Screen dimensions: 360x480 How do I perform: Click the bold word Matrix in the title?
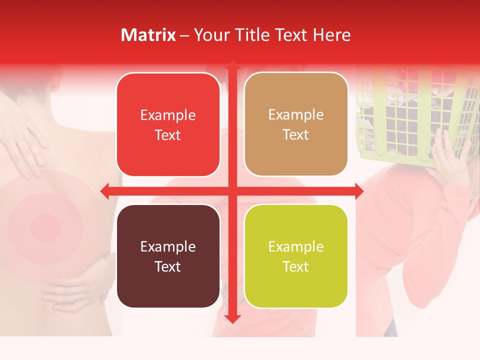[148, 35]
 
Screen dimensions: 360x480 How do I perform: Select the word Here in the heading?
[331, 35]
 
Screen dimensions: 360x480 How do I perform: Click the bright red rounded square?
[168, 125]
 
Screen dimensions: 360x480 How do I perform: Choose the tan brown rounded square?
[296, 125]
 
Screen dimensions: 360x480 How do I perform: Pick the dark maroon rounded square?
[168, 256]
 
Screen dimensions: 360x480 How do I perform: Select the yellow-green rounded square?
[296, 256]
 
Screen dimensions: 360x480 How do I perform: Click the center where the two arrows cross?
[232, 191]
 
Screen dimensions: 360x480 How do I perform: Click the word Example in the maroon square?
[168, 246]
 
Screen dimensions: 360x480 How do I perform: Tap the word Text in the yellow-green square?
[296, 266]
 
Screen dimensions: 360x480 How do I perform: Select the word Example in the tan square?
[296, 115]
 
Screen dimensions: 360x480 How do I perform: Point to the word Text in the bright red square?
[168, 135]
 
